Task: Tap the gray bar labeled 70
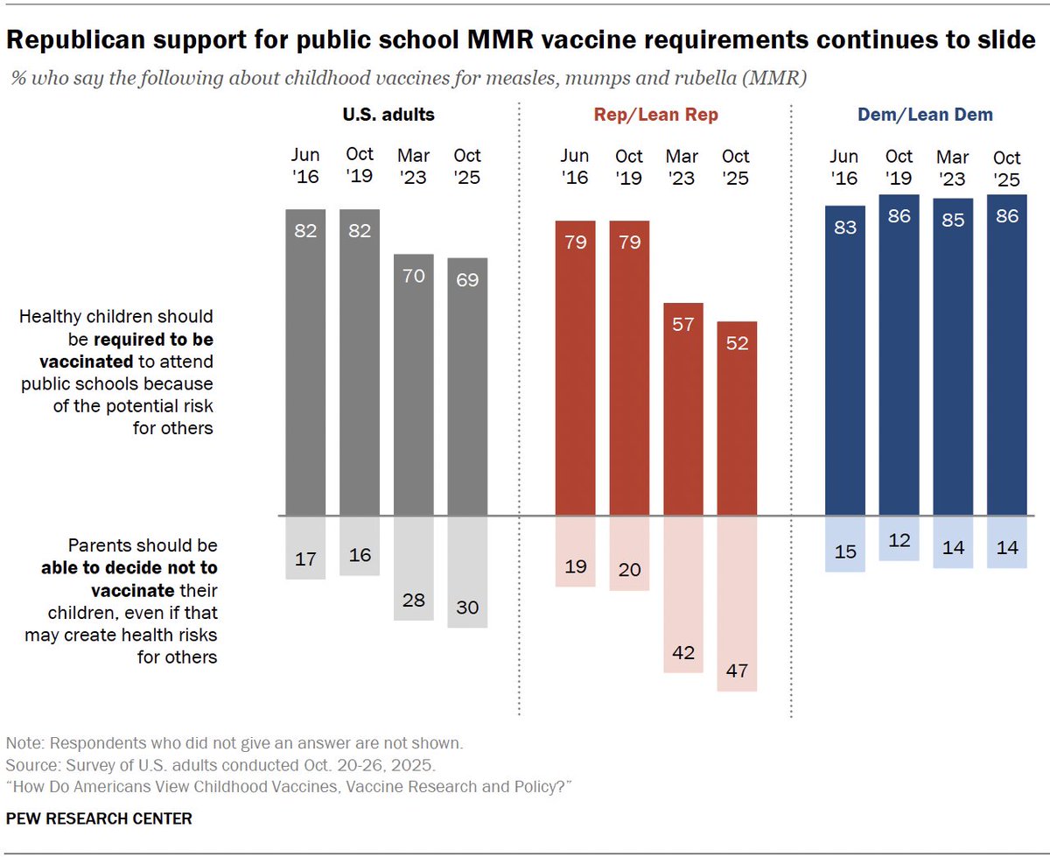pyautogui.click(x=413, y=385)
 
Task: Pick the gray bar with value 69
pyautogui.click(x=467, y=387)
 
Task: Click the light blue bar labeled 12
pyautogui.click(x=899, y=538)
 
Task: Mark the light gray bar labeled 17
pyautogui.click(x=306, y=547)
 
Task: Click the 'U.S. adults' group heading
pyautogui.click(x=388, y=115)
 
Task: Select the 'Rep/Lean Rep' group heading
pyautogui.click(x=655, y=115)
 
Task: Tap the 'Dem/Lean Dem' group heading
pyautogui.click(x=926, y=115)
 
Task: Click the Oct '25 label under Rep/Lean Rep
pyautogui.click(x=736, y=166)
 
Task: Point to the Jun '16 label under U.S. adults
pyautogui.click(x=306, y=166)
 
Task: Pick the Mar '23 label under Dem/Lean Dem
pyautogui.click(x=953, y=166)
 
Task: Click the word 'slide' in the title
pyautogui.click(x=1004, y=40)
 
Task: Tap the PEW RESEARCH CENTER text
pyautogui.click(x=99, y=819)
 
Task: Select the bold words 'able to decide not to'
pyautogui.click(x=129, y=566)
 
